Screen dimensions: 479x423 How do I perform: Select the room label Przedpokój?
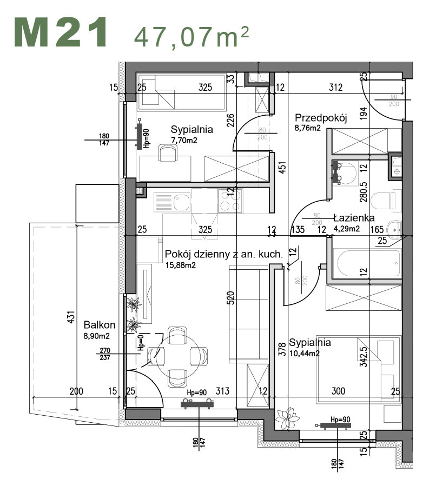[320, 118]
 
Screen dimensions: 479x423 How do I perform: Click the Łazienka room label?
[354, 218]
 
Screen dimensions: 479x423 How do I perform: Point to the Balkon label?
[100, 325]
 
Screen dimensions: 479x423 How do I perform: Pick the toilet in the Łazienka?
[390, 201]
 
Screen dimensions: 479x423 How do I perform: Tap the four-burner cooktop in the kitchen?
[230, 202]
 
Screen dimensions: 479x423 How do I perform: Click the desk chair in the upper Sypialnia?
[168, 153]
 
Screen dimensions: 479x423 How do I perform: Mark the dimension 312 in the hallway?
[336, 87]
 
